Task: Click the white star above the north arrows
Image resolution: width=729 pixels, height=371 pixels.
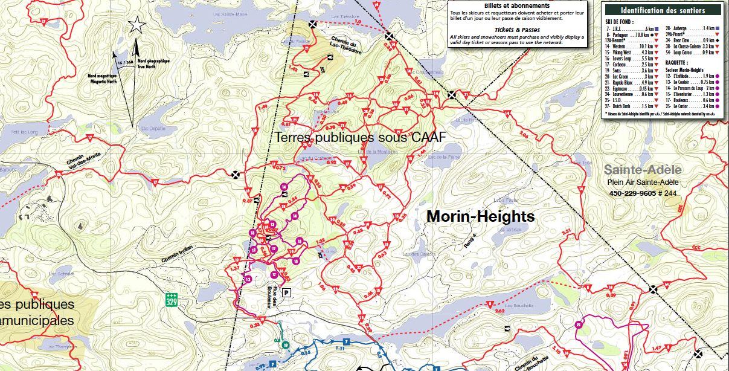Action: [x=138, y=25]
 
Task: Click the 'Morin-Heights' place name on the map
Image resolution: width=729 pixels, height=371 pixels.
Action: [x=481, y=216]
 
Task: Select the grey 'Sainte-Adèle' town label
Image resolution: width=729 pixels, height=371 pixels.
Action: [x=643, y=170]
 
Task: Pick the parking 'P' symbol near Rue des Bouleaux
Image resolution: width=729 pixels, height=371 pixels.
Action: [x=287, y=292]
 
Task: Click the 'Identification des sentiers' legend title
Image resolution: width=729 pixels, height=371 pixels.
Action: [x=663, y=10]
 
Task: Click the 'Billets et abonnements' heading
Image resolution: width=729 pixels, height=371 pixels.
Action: [x=516, y=6]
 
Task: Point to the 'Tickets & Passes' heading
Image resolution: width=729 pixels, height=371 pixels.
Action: [x=517, y=29]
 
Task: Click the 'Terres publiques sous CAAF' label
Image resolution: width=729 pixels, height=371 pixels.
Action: [x=360, y=137]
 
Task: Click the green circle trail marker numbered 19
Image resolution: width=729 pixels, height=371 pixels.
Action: [x=285, y=344]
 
